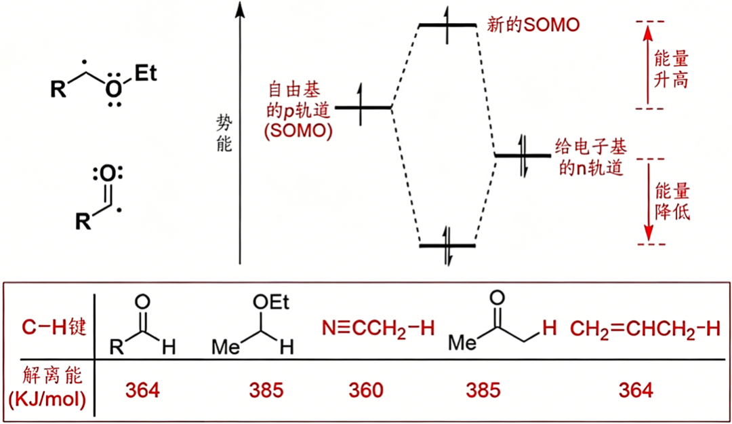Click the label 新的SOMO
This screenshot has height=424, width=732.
tap(533, 24)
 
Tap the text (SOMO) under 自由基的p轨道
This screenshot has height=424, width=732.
tap(298, 131)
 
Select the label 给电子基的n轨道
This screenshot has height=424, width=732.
tap(590, 157)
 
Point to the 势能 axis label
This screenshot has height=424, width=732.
tap(224, 134)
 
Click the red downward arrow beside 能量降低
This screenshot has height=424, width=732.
tap(648, 201)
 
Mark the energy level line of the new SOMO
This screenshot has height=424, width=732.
tap(447, 24)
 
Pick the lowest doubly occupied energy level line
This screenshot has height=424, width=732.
tap(447, 246)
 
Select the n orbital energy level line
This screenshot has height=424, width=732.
tap(523, 155)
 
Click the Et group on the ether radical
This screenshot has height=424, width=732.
tap(146, 74)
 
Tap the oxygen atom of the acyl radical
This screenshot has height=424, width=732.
tap(108, 174)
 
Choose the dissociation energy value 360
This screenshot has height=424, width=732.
tap(366, 390)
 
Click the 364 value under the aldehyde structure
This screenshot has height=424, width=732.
tap(142, 390)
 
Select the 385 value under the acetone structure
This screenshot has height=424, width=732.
tap(483, 390)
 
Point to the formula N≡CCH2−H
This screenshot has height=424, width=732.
tap(378, 328)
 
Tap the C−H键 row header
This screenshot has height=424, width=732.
tap(54, 327)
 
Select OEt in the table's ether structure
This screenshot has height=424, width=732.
tap(270, 303)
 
